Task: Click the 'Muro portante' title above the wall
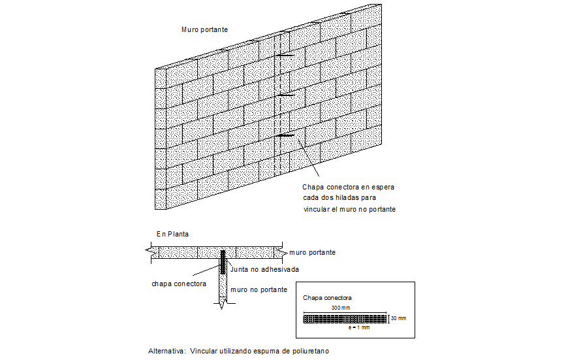coord(204,30)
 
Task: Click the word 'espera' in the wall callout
coord(382,187)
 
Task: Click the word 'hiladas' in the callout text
coord(346,198)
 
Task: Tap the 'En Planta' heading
coord(172,234)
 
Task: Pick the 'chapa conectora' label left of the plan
coord(179,284)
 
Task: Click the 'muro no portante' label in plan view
coord(258,289)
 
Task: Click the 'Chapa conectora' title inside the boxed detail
coord(327,297)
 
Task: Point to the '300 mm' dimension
coord(341,308)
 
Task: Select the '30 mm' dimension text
coord(398,319)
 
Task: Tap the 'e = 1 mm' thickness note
coord(359,327)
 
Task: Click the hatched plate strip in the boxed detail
coord(345,319)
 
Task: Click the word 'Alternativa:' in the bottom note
coord(167,351)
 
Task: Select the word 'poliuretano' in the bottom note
coord(308,351)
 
